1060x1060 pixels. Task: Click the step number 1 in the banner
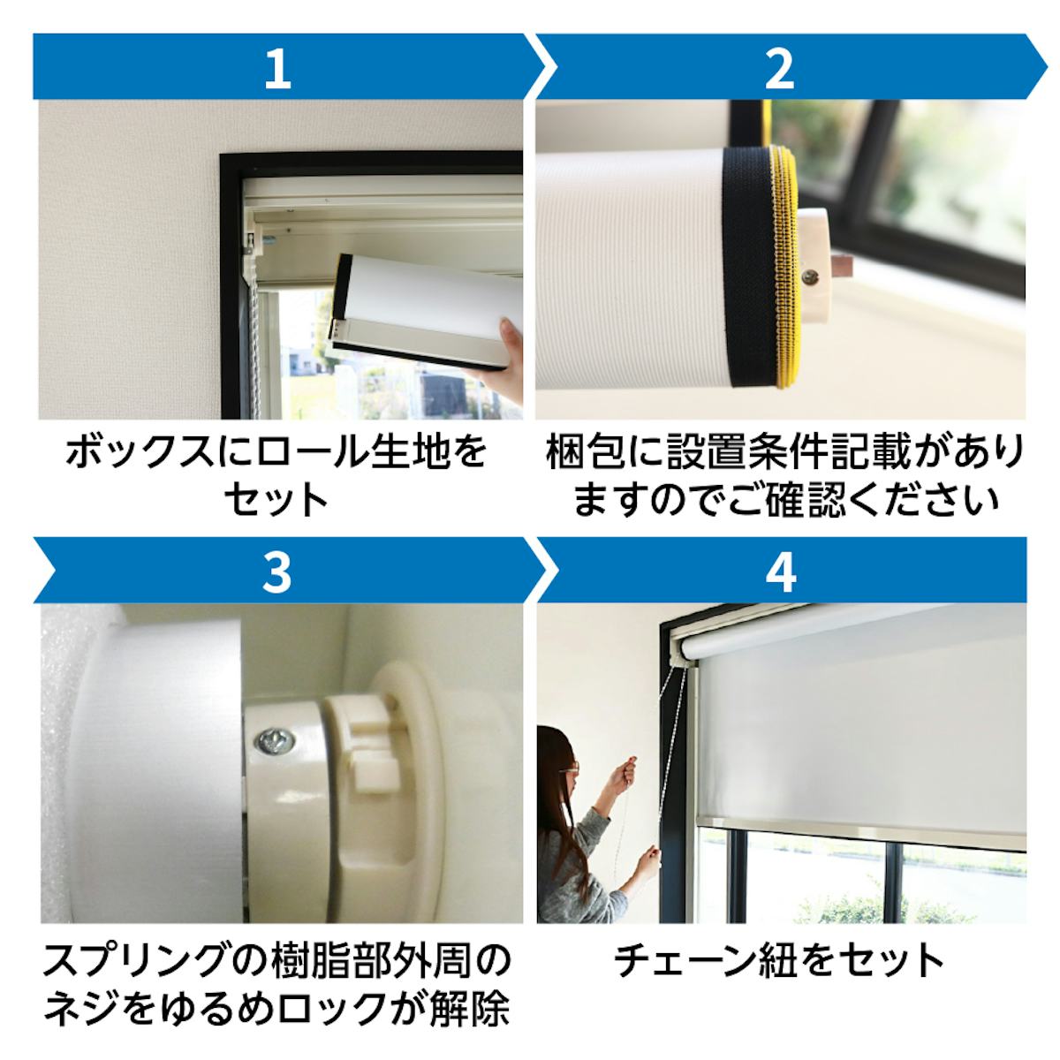277,69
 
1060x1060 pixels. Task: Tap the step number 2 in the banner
779,69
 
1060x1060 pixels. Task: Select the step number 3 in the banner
276,573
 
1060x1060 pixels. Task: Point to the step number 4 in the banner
781,573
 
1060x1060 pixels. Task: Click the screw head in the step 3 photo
275,741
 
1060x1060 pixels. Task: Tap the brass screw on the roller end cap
810,276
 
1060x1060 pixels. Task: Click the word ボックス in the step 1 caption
140,452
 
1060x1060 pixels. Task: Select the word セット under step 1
276,500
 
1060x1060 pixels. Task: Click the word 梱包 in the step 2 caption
585,452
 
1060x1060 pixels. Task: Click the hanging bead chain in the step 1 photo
254,355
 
